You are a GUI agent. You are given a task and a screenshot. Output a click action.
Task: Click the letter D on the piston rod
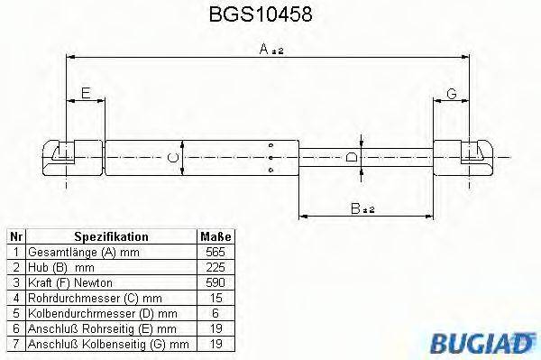coord(353,159)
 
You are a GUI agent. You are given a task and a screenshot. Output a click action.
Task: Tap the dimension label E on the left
coord(86,93)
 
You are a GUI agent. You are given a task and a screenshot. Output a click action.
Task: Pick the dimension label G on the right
coord(451,93)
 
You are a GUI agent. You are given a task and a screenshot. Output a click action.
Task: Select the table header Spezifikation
coord(111,236)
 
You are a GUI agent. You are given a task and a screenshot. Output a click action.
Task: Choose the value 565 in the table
coord(215,252)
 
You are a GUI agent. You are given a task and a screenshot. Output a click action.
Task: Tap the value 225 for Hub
coord(215,267)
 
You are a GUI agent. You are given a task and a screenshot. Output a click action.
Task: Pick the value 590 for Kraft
coord(215,282)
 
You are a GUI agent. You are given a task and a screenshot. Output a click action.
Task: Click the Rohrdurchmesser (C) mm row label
coord(95,297)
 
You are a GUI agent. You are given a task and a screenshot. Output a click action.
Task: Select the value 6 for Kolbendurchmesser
coord(215,312)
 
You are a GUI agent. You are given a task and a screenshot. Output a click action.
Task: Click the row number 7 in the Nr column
coord(15,343)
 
